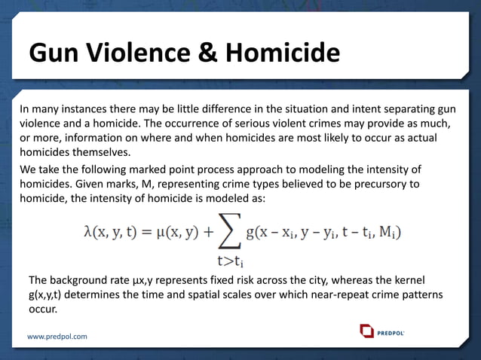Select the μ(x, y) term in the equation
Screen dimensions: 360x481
[174, 231]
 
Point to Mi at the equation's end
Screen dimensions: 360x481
[392, 232]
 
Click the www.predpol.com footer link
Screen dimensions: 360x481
[57, 336]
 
